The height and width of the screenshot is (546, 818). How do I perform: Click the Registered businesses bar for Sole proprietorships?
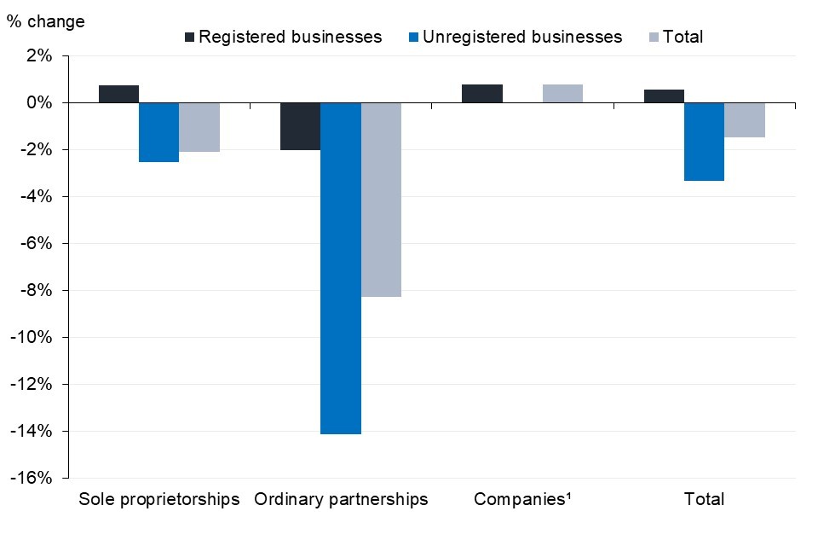click(118, 94)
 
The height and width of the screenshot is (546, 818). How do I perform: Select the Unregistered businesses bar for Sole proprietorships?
click(158, 132)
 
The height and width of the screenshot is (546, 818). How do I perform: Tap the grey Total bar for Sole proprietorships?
click(199, 127)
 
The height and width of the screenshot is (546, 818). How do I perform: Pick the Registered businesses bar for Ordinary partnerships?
click(300, 126)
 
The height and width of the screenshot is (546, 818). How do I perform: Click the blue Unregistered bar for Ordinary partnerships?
click(341, 268)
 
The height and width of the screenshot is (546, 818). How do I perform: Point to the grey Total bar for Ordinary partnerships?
click(381, 200)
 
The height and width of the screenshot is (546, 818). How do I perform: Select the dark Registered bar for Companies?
click(482, 94)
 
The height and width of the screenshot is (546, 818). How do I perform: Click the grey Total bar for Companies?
click(562, 94)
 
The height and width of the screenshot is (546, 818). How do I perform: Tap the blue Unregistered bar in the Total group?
click(704, 142)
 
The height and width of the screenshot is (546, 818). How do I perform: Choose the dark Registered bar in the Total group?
click(664, 96)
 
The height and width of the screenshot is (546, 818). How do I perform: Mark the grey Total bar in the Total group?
click(745, 120)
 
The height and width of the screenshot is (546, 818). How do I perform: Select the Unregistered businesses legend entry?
click(515, 37)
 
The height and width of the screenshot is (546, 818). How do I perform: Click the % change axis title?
click(46, 21)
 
